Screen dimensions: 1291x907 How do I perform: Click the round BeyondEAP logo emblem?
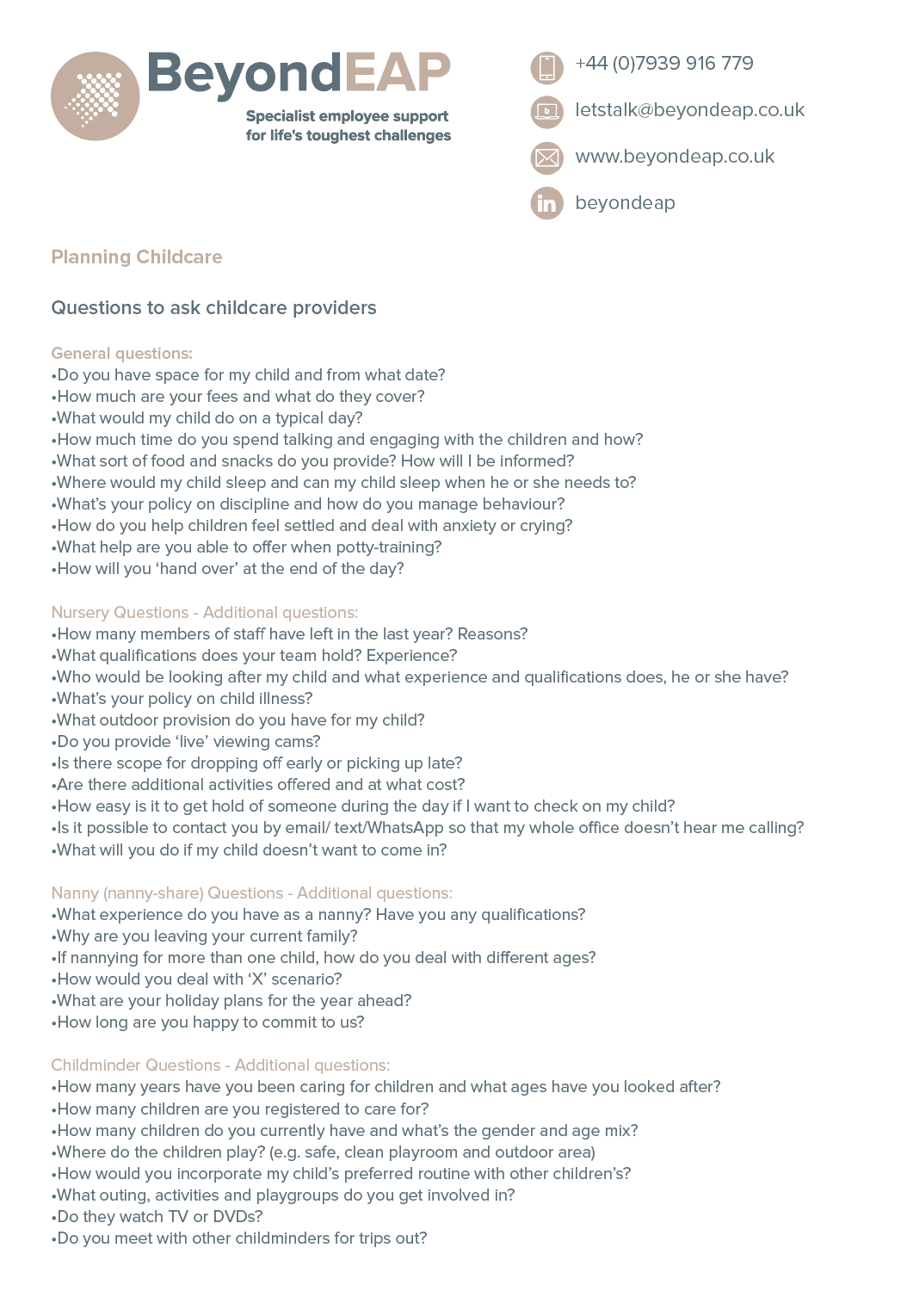coord(95,96)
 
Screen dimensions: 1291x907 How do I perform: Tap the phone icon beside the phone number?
coord(546,67)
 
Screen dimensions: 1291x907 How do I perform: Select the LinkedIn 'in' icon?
coord(546,203)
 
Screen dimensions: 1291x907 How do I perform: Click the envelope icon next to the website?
coord(546,158)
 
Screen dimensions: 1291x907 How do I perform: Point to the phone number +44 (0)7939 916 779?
coord(663,64)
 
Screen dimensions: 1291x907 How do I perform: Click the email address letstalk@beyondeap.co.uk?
coord(689,110)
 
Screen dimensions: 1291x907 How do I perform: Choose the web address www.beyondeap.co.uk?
coord(675,157)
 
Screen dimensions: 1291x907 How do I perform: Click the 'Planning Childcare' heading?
coord(137,256)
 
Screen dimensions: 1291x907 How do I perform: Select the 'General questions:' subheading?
coord(121,353)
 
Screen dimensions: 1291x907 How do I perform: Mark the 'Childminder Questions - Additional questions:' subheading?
coord(220,1066)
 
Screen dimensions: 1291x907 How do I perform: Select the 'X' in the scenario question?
coord(257,979)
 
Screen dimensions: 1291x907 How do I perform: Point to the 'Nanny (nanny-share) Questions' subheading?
coord(167,893)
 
